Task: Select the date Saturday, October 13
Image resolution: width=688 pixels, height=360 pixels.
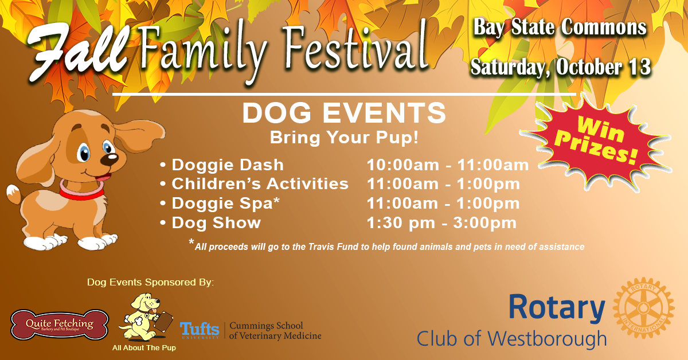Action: pyautogui.click(x=561, y=67)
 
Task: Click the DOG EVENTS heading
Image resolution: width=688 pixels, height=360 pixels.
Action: pyautogui.click(x=344, y=113)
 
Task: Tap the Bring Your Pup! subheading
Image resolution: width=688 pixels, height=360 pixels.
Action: pyautogui.click(x=344, y=138)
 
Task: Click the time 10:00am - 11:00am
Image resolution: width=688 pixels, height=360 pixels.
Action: pyautogui.click(x=448, y=165)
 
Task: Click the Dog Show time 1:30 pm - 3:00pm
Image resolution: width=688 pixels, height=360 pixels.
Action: pyautogui.click(x=441, y=223)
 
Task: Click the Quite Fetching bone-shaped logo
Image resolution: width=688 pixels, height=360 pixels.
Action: pyautogui.click(x=60, y=324)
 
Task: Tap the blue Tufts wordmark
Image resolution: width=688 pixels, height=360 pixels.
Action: pyautogui.click(x=200, y=330)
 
